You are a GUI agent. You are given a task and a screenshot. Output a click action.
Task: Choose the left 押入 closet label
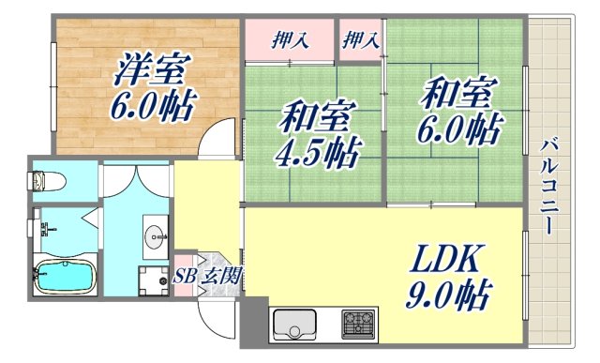[290, 40]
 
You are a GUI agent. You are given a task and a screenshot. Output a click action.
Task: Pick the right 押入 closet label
[360, 40]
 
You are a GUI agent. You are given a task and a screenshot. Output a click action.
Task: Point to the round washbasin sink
[155, 234]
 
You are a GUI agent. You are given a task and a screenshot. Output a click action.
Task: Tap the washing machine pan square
[152, 280]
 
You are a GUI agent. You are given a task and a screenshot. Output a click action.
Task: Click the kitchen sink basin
[297, 327]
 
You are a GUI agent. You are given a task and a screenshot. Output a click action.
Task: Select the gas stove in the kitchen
[357, 326]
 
